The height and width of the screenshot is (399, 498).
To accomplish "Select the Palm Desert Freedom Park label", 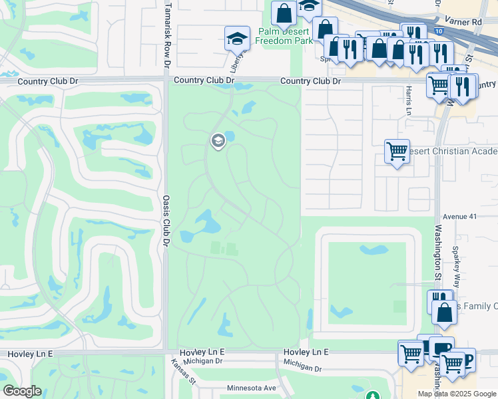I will [284, 36].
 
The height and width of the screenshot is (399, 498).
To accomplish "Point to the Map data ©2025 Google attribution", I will [457, 394].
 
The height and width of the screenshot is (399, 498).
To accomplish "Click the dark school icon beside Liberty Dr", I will [236, 38].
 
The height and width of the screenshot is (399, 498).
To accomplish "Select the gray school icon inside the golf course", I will [217, 140].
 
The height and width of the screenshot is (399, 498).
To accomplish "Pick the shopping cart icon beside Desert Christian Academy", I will [397, 151].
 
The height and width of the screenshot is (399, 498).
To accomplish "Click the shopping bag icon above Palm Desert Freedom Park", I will [284, 13].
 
